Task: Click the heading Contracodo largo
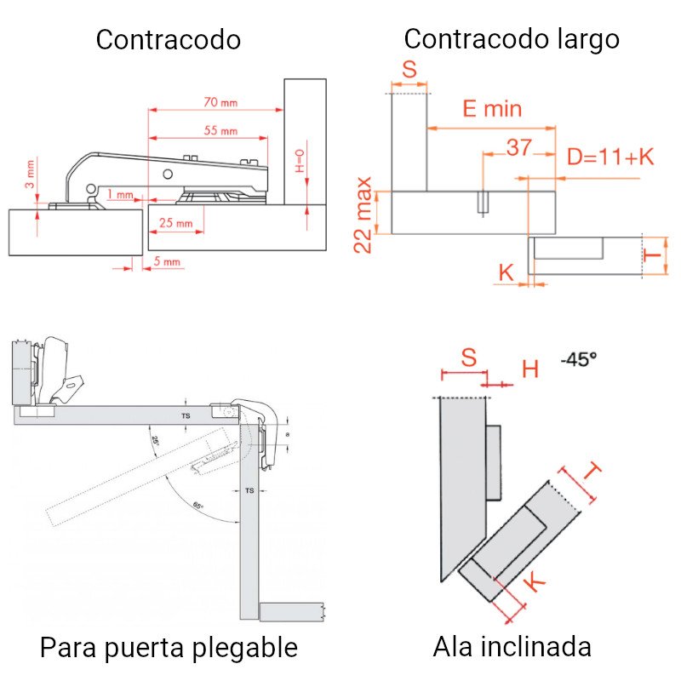tap(511, 39)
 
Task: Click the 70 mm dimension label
tap(220, 102)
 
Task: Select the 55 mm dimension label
tap(220, 131)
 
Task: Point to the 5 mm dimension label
tap(167, 262)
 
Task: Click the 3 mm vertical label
tap(29, 173)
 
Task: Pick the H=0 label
tap(299, 160)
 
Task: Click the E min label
tap(491, 109)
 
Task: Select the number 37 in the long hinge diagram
tap(519, 147)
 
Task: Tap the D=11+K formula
tap(610, 157)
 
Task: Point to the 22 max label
tap(363, 215)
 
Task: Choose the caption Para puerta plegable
tap(169, 648)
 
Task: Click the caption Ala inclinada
tap(512, 647)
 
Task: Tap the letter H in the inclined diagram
tap(530, 369)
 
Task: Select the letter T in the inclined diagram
tap(593, 471)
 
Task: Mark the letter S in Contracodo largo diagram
tap(409, 69)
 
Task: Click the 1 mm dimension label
tap(120, 195)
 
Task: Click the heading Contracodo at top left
tap(168, 40)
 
